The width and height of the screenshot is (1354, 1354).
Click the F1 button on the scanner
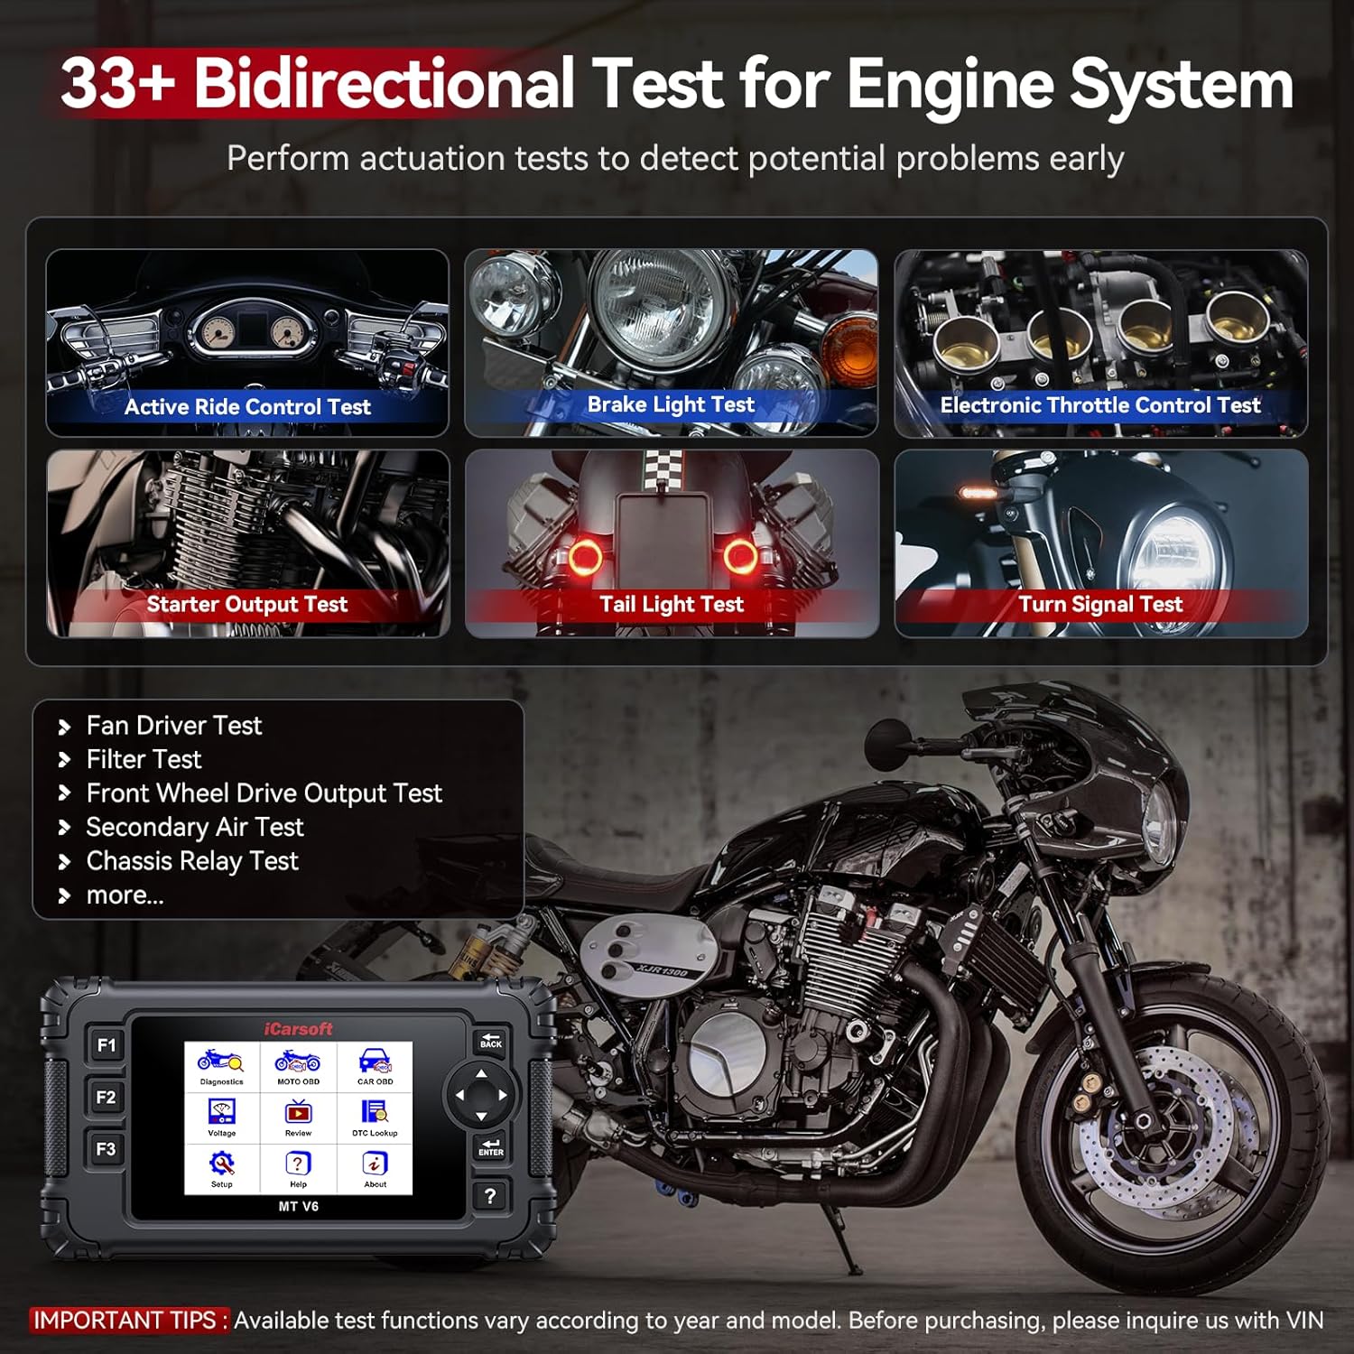pyautogui.click(x=107, y=1045)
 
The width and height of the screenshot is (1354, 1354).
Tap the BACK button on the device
pyautogui.click(x=490, y=1041)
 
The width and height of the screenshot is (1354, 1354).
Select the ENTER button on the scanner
pyautogui.click(x=490, y=1148)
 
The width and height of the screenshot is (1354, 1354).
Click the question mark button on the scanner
pyautogui.click(x=490, y=1196)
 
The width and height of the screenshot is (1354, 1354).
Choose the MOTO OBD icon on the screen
pyautogui.click(x=298, y=1066)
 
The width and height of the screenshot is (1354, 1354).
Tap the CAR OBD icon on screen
pyautogui.click(x=375, y=1066)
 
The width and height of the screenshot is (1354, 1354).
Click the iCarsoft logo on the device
pyautogui.click(x=298, y=1029)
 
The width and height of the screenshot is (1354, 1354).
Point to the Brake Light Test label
pyautogui.click(x=671, y=404)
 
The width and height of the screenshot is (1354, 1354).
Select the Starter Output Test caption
pyautogui.click(x=246, y=604)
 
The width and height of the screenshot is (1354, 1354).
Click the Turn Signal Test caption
pyautogui.click(x=1100, y=604)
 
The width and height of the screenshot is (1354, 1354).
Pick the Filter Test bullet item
pyautogui.click(x=144, y=759)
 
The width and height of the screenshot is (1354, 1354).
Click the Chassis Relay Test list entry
pyautogui.click(x=191, y=861)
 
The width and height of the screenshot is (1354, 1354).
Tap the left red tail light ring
pyautogui.click(x=585, y=557)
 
